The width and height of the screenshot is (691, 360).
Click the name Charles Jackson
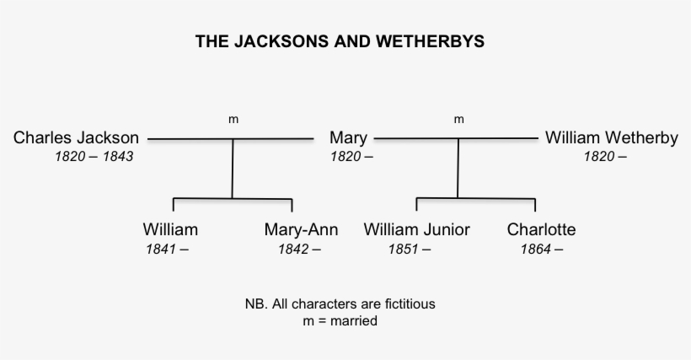(x=76, y=137)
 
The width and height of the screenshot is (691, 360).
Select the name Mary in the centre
(x=348, y=137)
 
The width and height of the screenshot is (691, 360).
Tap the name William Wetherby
(x=611, y=137)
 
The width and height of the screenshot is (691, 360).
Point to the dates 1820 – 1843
(x=93, y=157)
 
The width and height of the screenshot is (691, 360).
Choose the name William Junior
(x=416, y=229)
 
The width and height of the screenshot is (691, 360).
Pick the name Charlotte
(x=542, y=229)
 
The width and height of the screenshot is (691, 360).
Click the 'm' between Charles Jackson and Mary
(x=233, y=120)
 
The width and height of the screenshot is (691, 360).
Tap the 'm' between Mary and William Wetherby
(x=458, y=120)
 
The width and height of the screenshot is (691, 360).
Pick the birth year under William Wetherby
(x=600, y=157)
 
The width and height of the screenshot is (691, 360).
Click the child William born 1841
(x=170, y=229)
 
